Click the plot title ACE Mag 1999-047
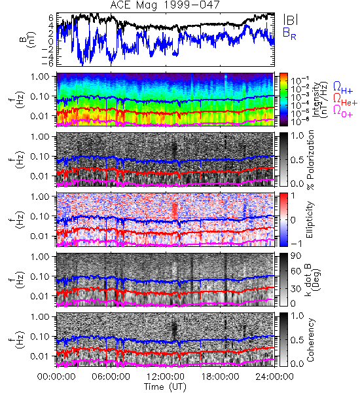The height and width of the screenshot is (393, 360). [165, 5]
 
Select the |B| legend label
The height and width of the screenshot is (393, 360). [291, 20]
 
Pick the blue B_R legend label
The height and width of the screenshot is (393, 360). [289, 33]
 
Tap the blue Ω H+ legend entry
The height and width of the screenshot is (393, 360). [343, 88]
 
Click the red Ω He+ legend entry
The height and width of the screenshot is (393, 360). [345, 100]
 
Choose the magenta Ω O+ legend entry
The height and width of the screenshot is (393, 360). [343, 111]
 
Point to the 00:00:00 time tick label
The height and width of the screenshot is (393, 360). [56, 377]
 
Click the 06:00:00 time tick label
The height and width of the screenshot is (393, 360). [111, 377]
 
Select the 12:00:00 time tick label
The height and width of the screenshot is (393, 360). [166, 377]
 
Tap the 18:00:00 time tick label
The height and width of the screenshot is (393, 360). [220, 377]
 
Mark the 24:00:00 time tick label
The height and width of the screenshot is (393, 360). [274, 377]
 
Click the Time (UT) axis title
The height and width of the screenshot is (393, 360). [165, 386]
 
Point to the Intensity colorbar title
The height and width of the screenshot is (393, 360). [321, 100]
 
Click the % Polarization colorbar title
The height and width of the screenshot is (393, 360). [311, 160]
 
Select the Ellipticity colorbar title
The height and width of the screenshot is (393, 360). [310, 219]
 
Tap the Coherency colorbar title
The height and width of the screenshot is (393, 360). [310, 340]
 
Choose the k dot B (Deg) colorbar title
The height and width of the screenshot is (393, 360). [313, 280]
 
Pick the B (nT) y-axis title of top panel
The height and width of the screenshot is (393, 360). [29, 40]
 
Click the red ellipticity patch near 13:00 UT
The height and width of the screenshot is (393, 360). [175, 210]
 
